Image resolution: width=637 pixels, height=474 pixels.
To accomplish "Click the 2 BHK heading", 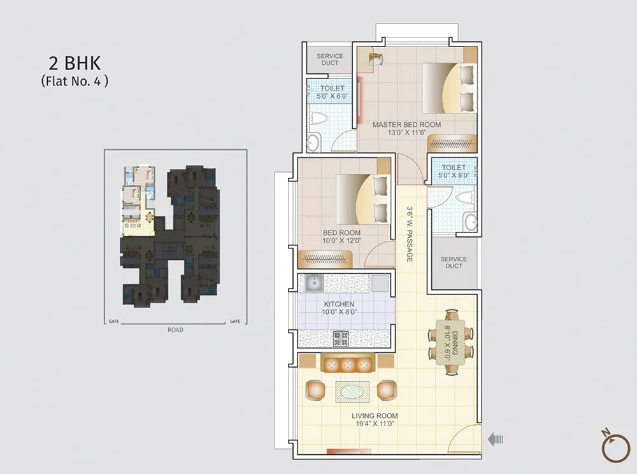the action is [x=75, y=63].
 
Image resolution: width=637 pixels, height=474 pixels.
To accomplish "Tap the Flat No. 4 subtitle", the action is [x=75, y=82].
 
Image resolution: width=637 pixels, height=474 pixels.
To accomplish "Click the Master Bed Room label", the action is [x=406, y=128].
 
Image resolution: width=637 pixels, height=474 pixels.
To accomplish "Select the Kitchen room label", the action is [x=340, y=308].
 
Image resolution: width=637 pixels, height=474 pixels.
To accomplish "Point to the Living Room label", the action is [x=375, y=420].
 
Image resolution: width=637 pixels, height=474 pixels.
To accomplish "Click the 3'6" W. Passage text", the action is [x=410, y=234].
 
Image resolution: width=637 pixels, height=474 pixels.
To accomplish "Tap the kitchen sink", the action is [x=315, y=283].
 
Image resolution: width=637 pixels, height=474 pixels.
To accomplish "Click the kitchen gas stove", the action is [x=341, y=339].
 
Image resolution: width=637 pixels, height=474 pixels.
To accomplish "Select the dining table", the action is [x=451, y=342].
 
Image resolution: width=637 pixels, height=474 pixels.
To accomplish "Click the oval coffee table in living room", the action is [x=352, y=392].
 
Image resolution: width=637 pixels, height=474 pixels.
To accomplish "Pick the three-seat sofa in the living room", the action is [x=347, y=364].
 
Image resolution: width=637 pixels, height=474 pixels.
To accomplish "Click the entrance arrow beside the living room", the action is [x=496, y=439].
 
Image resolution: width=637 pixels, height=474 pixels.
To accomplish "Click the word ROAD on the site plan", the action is [x=176, y=330].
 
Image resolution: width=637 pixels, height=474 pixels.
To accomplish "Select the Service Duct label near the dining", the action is [x=454, y=262].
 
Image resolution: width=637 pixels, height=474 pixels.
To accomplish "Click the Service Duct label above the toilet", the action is [x=330, y=59].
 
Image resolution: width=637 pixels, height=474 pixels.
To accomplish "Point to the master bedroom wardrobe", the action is [x=452, y=143].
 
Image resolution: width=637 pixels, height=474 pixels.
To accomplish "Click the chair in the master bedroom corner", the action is [x=376, y=58].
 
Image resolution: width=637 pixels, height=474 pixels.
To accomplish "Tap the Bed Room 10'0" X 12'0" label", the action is [x=341, y=236].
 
